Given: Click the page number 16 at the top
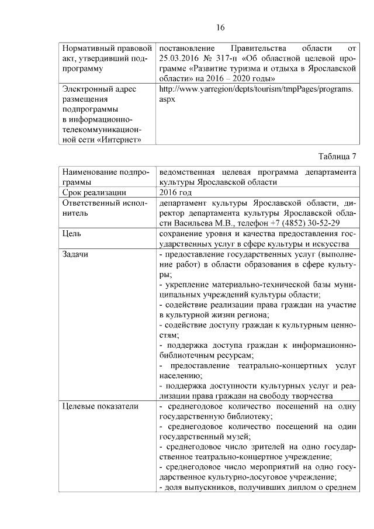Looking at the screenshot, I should (x=220, y=27).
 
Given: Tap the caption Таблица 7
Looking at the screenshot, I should (x=337, y=156).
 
